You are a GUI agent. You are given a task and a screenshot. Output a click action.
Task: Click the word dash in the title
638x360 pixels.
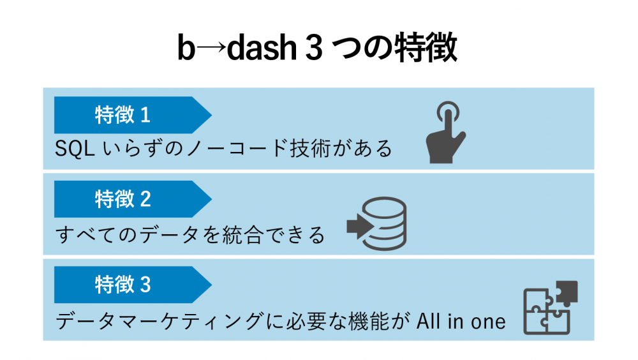pos(262,48)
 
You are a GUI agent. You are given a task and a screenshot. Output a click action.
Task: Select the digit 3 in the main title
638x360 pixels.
pos(313,48)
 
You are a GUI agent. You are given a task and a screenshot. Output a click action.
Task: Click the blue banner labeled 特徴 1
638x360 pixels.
pos(133,115)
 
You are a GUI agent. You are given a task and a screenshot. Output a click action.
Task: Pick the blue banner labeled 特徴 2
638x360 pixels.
pos(133,199)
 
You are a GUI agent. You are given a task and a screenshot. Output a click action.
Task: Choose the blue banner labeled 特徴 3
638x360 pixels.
pos(133,285)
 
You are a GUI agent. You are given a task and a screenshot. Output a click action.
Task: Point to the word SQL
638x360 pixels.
pos(75,148)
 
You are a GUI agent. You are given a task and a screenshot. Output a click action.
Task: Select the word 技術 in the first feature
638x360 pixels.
pos(310,148)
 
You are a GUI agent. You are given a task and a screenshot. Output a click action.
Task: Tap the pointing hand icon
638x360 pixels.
pos(446,132)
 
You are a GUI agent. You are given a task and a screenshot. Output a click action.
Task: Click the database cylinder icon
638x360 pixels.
pos(383,223)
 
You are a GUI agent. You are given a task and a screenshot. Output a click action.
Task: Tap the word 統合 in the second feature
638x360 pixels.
pos(242,235)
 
